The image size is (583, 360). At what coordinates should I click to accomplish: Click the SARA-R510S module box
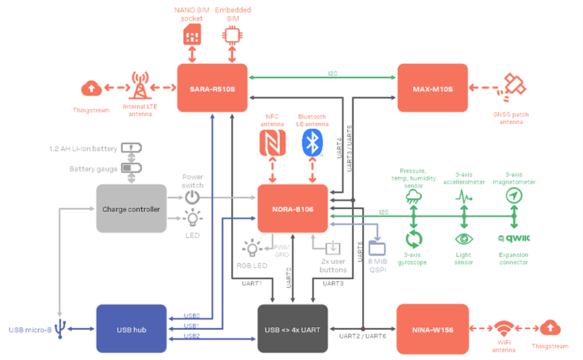pos(212,88)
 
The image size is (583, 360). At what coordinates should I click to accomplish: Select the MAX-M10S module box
pos(432,88)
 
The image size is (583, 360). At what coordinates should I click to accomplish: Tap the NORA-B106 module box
pos(293,208)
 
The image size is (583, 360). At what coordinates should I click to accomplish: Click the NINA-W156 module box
pos(431,328)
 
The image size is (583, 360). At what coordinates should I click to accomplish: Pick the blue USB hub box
pos(131,328)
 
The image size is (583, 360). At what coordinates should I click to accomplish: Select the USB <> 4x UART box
pos(293,328)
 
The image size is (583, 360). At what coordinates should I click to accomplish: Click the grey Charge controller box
pos(131,208)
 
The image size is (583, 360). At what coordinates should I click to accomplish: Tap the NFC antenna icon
pos(273,143)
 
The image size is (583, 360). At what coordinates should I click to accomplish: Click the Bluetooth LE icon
pos(313,143)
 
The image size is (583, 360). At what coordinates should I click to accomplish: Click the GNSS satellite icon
pos(514,85)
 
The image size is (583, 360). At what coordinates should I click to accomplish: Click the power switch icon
pos(193,197)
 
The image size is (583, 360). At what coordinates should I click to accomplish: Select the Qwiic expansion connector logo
pos(513,239)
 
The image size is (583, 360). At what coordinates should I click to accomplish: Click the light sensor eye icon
pos(464,239)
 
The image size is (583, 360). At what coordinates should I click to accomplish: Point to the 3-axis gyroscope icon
pos(414,239)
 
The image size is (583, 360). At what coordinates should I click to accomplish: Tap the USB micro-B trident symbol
pos(62,328)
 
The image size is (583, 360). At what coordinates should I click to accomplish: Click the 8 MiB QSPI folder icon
pos(377,247)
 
